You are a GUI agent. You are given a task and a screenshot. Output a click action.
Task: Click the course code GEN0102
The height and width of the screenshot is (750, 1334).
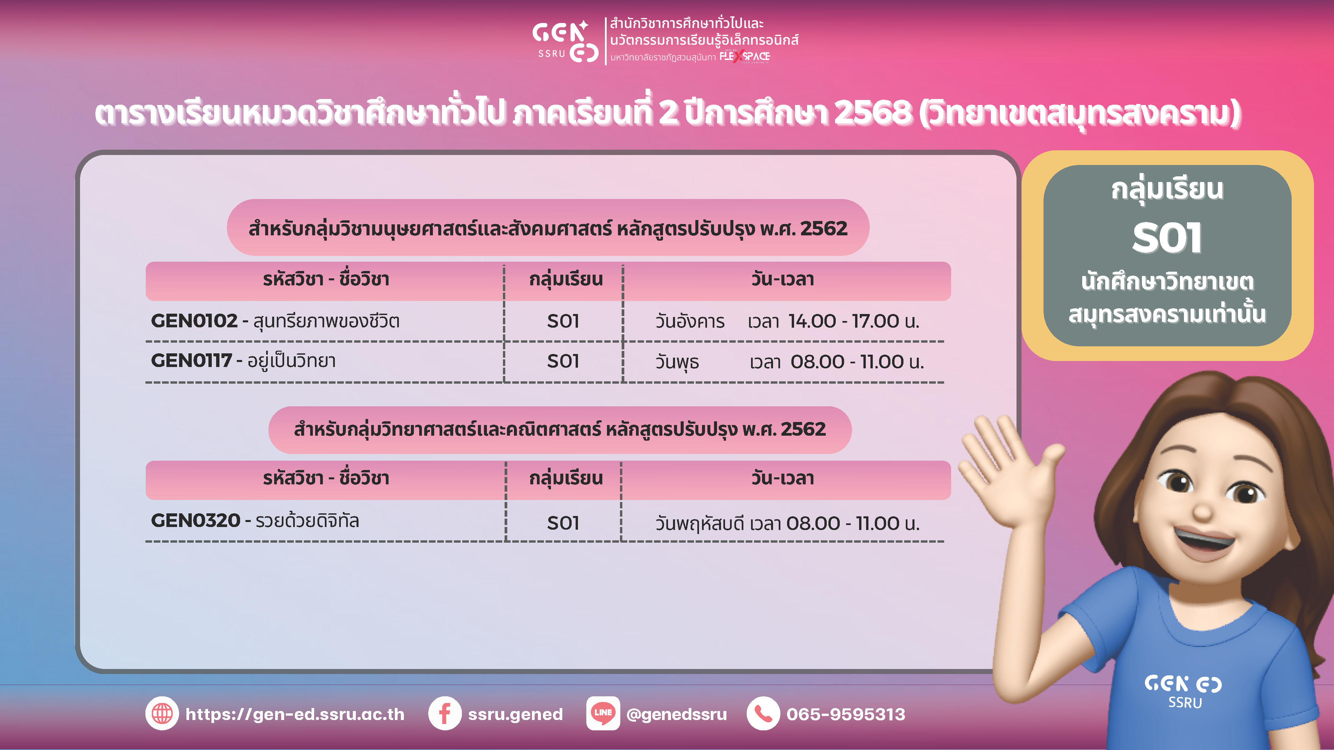point(194,321)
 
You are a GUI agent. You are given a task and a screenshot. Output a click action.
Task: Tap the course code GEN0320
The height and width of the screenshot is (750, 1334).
point(196,521)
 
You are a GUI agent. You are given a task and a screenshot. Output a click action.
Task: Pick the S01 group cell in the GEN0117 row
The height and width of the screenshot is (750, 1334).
point(563,361)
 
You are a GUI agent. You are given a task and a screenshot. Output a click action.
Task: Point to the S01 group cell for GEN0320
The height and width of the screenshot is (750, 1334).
point(563,523)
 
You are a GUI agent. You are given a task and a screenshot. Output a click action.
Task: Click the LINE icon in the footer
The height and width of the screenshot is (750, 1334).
point(603,714)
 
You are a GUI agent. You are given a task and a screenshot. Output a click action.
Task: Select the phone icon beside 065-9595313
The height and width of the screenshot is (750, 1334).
point(763,714)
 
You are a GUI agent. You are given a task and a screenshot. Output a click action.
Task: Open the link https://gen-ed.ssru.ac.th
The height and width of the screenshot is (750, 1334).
point(295,714)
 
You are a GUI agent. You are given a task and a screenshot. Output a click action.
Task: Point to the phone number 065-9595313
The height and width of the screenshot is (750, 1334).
point(846,714)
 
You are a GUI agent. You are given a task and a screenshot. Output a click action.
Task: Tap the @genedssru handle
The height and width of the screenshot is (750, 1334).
point(676,715)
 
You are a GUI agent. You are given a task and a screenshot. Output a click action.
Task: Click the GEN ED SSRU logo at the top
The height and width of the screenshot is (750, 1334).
point(566,41)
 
